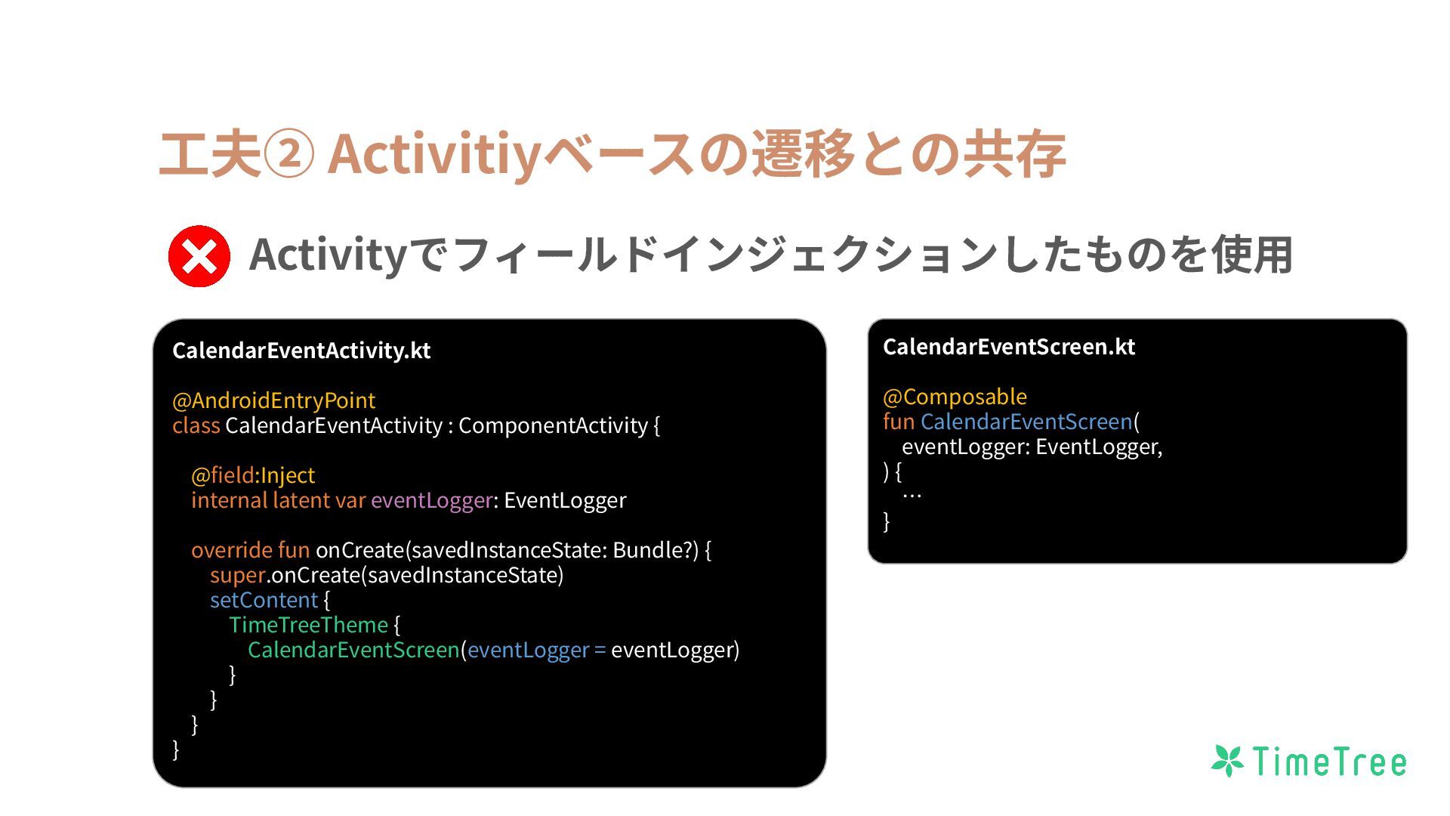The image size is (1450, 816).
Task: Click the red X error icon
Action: [x=199, y=256]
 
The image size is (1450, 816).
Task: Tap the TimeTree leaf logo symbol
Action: [x=1227, y=761]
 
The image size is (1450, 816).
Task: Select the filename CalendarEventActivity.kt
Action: [x=301, y=351]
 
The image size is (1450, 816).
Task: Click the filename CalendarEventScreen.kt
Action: [x=1008, y=347]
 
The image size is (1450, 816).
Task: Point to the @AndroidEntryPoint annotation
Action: [x=273, y=400]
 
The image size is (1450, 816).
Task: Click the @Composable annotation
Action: [x=955, y=397]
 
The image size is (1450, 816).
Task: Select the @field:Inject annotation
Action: [x=253, y=475]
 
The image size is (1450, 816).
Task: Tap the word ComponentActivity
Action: [x=553, y=425]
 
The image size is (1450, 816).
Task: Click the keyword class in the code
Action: [x=196, y=425]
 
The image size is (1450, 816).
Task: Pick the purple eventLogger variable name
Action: [x=431, y=500]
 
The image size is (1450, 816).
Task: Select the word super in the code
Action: [x=237, y=575]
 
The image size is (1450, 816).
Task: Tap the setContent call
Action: [x=264, y=600]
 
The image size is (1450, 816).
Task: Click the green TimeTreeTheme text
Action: [x=308, y=625]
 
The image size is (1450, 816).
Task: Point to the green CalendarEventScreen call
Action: [x=353, y=650]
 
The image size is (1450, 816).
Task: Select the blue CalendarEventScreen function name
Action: [x=1026, y=422]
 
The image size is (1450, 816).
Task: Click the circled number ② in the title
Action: [x=288, y=154]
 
